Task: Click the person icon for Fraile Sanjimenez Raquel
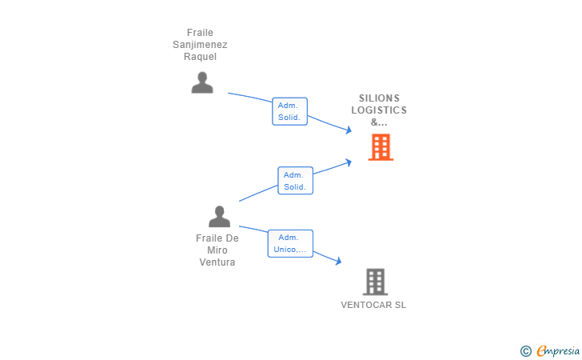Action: coord(202,82)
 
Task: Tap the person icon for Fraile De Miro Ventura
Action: coord(219,217)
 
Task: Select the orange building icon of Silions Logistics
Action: coord(381,147)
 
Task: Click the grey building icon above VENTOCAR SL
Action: coord(375,282)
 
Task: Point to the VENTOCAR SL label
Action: coord(373,305)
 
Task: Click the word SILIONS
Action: coord(379,98)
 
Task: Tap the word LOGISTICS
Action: coord(379,110)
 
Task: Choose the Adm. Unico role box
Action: coord(289,243)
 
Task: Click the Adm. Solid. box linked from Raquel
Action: coord(289,111)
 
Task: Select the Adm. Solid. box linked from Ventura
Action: coord(295,181)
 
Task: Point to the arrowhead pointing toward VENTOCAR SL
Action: coord(339,262)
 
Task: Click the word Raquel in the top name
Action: coord(200,57)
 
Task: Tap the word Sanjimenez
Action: coord(200,45)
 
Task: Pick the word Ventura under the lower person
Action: coord(217,262)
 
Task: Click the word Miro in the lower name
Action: coord(217,250)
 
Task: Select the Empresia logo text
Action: coord(558,350)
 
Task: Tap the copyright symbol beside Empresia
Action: coord(525,351)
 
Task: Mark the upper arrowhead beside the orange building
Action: coord(349,130)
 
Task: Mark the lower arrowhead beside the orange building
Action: coord(349,162)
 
